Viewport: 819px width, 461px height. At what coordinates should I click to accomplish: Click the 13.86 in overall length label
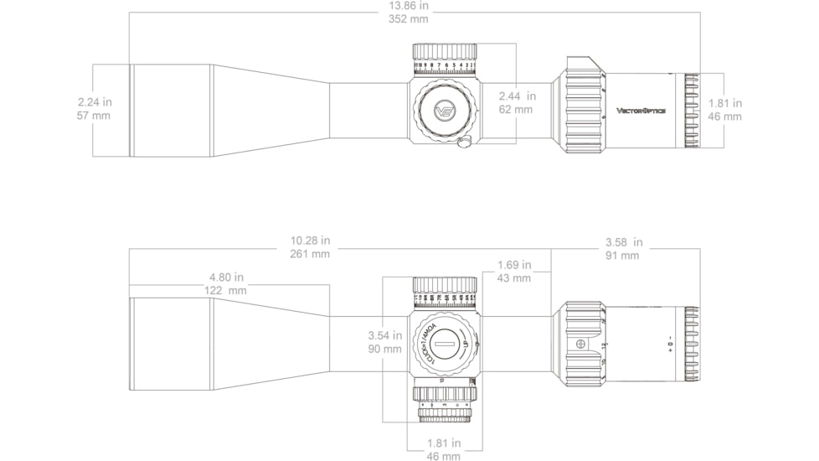[x=409, y=5]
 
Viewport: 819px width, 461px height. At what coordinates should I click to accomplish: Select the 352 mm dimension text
[x=409, y=18]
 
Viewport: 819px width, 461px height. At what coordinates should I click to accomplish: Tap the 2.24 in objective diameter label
[x=94, y=102]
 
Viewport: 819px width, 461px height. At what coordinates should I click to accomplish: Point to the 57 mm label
[x=94, y=116]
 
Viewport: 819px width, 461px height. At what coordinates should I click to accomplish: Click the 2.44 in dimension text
[x=517, y=96]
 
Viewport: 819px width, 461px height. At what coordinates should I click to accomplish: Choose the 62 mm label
[x=516, y=109]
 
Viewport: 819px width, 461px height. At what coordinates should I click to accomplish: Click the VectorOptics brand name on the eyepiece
[x=641, y=111]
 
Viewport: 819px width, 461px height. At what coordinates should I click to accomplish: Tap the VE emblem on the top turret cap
[x=445, y=110]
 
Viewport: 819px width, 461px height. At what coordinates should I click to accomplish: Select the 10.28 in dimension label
[x=309, y=241]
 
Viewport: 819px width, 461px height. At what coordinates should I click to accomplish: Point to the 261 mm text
[x=309, y=254]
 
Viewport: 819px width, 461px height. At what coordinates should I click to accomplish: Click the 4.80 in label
[x=226, y=277]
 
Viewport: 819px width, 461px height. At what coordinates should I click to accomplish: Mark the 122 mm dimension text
[x=226, y=290]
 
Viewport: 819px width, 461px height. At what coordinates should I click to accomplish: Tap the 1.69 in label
[x=513, y=265]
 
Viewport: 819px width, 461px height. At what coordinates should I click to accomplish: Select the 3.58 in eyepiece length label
[x=623, y=242]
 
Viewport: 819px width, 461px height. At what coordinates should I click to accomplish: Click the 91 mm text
[x=623, y=256]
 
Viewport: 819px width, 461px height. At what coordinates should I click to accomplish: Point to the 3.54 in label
[x=385, y=335]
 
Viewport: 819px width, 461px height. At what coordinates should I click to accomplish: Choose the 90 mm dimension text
[x=385, y=349]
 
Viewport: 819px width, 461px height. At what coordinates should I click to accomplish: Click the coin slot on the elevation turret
[x=446, y=344]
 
